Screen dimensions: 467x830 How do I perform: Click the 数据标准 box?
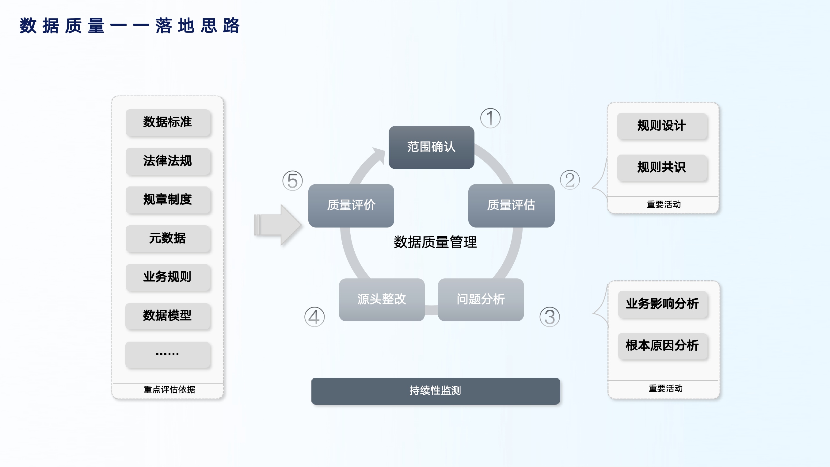coord(168,122)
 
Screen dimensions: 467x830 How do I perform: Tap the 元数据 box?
coord(168,239)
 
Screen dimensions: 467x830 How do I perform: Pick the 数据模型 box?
coord(168,316)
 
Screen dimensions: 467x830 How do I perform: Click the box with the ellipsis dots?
coord(168,354)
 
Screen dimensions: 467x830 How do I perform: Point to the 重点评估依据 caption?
coord(169,390)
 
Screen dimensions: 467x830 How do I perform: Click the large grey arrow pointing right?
coord(278,225)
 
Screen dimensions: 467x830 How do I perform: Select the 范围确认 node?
coord(431,147)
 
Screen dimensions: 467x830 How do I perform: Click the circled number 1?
coord(490,118)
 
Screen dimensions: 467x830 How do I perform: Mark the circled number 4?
coord(314,317)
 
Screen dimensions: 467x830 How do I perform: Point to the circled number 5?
coord(292,181)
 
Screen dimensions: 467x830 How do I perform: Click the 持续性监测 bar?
coord(435,391)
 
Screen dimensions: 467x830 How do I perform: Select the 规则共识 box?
coord(662,168)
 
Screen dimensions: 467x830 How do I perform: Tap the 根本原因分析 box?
coord(662,346)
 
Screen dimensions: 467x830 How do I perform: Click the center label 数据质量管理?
coord(435,242)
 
